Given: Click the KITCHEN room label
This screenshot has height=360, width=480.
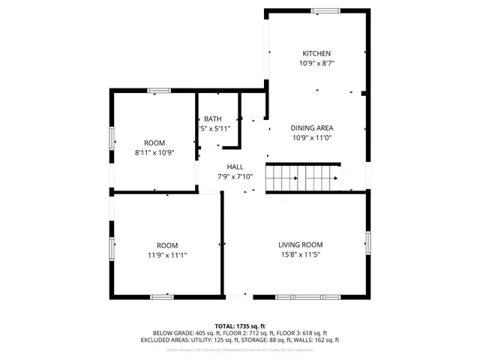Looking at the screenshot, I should [x=316, y=53].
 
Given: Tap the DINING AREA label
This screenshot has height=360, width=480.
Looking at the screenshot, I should [x=312, y=127].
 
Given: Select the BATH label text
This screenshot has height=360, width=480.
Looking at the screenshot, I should [x=213, y=118].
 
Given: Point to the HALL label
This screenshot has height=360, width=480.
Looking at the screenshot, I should [x=235, y=167].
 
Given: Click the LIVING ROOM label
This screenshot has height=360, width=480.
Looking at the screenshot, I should [x=300, y=244].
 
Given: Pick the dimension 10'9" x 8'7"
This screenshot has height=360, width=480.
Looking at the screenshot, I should [x=316, y=64].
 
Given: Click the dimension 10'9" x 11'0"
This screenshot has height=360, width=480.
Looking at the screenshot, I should [x=312, y=138].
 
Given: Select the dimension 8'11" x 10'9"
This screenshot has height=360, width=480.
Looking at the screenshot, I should [x=154, y=153].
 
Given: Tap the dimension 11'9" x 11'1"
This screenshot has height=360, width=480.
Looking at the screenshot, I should [x=166, y=256].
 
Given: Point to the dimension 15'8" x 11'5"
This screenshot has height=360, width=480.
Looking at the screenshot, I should [x=300, y=255].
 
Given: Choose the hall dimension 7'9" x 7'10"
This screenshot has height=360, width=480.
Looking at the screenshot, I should [x=235, y=177].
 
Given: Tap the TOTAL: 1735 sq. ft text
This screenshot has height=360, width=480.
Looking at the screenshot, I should [x=240, y=325].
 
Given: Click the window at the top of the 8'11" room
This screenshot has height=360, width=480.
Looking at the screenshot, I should [x=159, y=91].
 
